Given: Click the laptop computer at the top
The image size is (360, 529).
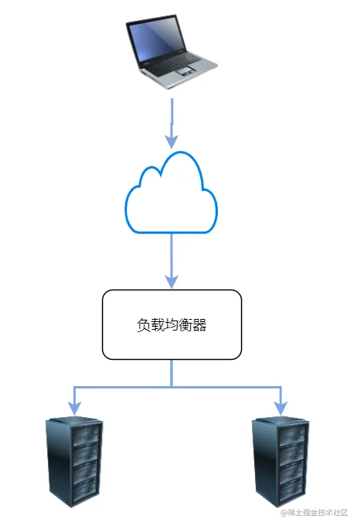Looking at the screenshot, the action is click(x=171, y=52).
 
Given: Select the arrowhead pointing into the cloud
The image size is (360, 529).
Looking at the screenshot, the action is click(x=172, y=141).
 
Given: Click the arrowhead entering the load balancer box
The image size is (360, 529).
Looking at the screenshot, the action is click(x=172, y=282).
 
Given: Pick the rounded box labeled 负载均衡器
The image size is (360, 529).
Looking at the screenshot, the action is click(x=172, y=324).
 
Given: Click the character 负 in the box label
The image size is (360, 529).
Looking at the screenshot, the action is click(x=143, y=325).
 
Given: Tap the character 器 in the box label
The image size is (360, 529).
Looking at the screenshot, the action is click(x=200, y=325).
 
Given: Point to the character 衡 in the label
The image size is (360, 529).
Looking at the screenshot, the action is click(x=185, y=325).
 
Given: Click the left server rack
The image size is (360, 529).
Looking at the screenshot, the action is click(x=74, y=462).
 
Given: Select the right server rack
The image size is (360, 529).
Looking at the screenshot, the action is click(x=280, y=462).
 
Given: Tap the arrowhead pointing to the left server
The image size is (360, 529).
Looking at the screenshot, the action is click(x=75, y=409).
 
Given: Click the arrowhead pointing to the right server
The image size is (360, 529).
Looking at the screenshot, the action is click(x=280, y=409).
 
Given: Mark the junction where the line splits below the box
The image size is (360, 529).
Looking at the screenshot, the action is click(x=172, y=387).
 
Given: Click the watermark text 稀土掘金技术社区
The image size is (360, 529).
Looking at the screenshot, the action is click(x=318, y=513).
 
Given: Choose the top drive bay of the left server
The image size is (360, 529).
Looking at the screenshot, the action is click(x=87, y=436).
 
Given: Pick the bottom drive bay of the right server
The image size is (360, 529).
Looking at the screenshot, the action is click(x=292, y=489).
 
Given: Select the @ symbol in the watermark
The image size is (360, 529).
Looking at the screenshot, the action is click(x=284, y=513).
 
